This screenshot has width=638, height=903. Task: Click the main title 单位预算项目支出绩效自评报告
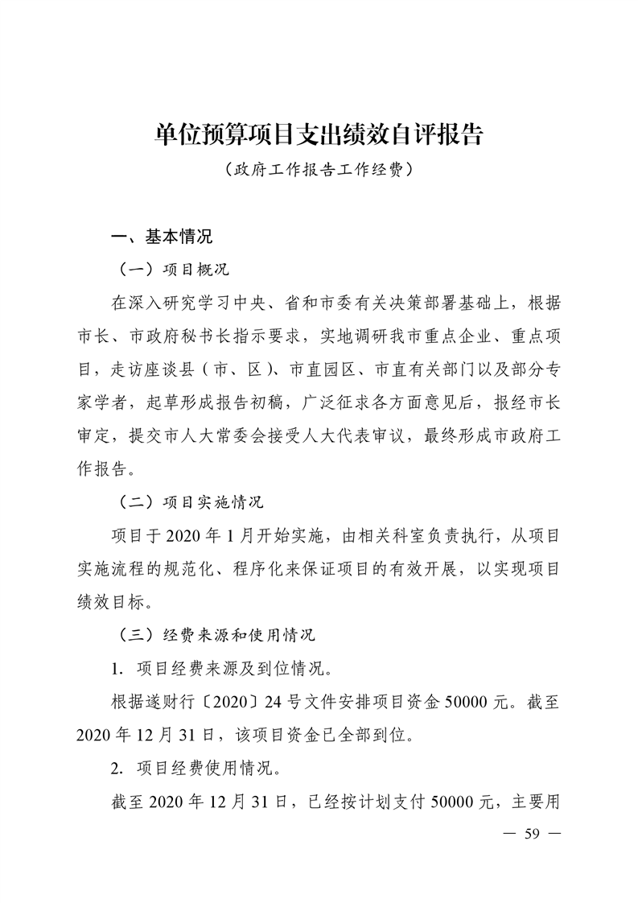click(x=319, y=134)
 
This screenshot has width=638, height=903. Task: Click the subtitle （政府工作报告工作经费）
click(x=319, y=171)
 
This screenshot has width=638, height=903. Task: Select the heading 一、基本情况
click(x=162, y=237)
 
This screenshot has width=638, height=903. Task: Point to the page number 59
click(x=530, y=833)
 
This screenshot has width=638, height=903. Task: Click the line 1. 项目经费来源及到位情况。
click(x=220, y=668)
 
